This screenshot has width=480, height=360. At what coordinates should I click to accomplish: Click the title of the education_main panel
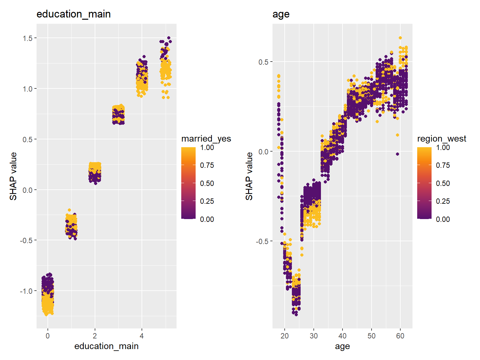[73, 14]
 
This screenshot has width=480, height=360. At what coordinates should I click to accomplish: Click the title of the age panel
[281, 14]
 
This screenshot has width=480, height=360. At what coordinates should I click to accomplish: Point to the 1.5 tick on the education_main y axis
[27, 38]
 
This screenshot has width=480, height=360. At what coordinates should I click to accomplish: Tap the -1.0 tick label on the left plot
[26, 291]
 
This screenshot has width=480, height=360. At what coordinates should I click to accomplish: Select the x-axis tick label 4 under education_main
[142, 336]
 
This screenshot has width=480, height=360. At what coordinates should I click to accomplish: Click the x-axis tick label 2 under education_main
[95, 336]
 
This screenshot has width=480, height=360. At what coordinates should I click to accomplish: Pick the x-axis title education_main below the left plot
[106, 346]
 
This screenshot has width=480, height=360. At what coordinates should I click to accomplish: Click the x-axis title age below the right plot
[342, 346]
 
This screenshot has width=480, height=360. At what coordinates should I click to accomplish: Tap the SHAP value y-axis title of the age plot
[249, 176]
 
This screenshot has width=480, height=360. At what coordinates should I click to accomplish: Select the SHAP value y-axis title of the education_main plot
[13, 176]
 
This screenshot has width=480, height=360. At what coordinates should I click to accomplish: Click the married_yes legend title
[206, 138]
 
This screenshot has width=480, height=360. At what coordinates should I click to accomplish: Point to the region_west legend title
[442, 138]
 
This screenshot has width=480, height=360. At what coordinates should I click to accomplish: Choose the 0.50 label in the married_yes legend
[207, 183]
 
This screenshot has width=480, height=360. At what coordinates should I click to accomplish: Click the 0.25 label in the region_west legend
[443, 201]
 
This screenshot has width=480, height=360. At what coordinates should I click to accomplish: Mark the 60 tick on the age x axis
[400, 336]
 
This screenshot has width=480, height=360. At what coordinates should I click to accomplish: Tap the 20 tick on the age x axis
[284, 336]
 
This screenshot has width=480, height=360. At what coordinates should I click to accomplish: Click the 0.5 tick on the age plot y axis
[263, 62]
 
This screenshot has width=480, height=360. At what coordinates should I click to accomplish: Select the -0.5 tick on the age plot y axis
[262, 241]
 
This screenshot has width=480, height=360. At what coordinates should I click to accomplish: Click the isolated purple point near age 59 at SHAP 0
[397, 154]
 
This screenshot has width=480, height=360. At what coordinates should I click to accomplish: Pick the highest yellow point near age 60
[400, 38]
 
